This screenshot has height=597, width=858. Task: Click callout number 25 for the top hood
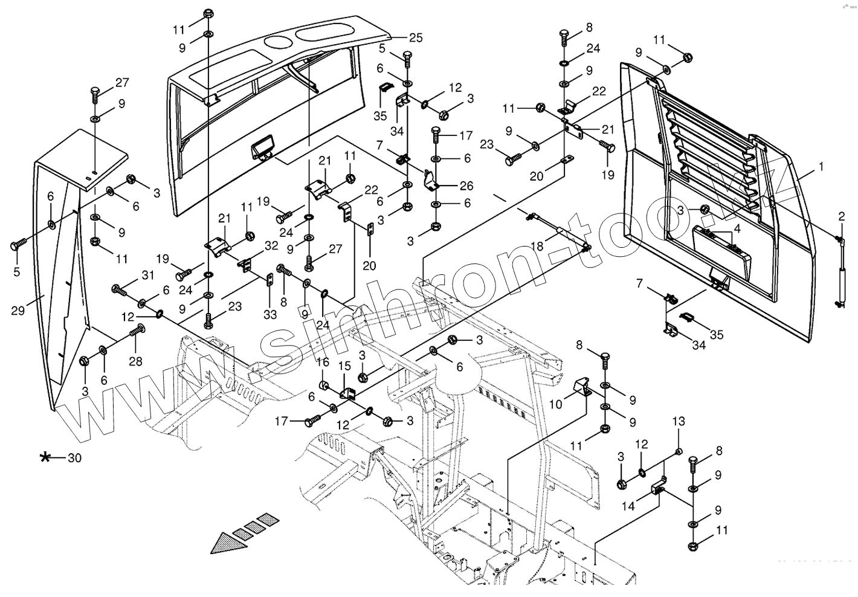point(415,37)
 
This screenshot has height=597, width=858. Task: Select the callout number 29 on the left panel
point(19,311)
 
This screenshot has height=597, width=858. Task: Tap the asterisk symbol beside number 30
point(45,457)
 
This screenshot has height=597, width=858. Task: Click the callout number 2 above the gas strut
point(841,216)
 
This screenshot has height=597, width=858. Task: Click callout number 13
point(679,421)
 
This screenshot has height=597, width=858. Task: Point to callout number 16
point(323,362)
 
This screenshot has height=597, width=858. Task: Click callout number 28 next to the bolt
point(135,361)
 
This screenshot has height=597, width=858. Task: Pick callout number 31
point(148,275)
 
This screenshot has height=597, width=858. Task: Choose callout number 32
point(271,246)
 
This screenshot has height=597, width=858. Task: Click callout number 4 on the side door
point(737,229)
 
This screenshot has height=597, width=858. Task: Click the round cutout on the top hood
point(277,43)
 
